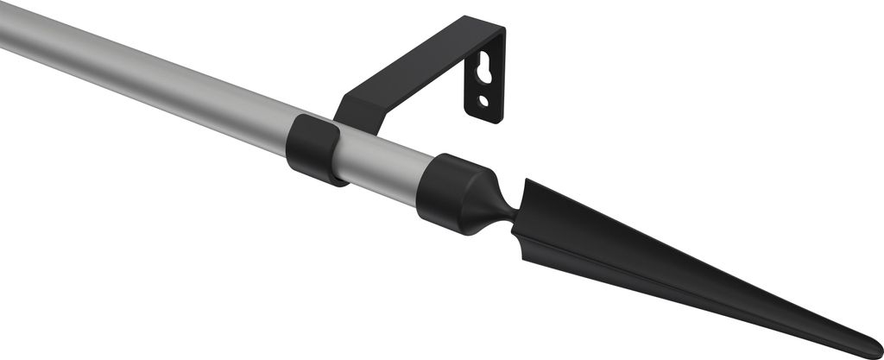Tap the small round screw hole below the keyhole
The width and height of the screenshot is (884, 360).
(483, 102)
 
